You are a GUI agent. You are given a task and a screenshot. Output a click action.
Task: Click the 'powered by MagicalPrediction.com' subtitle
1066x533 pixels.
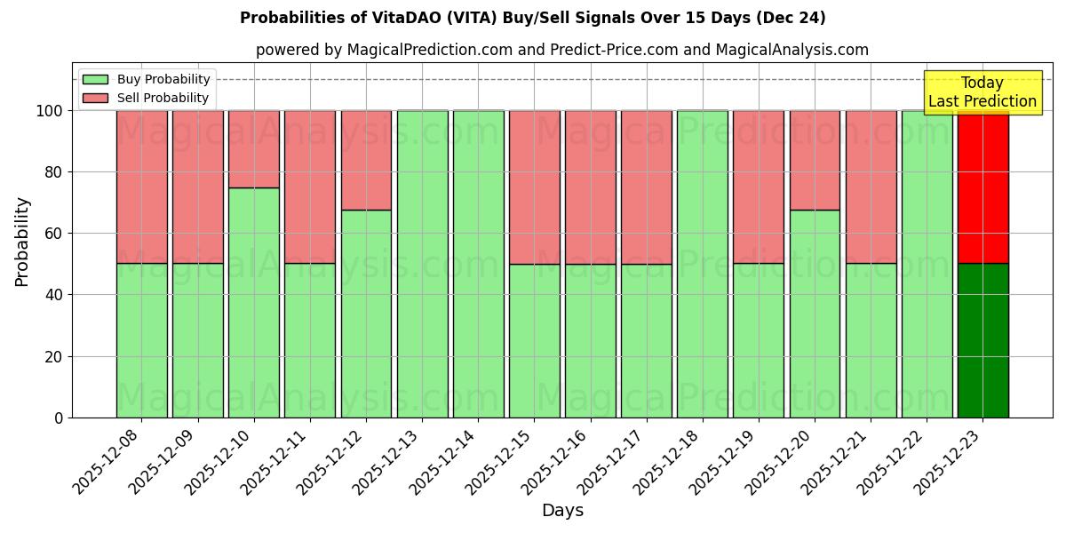point(561,50)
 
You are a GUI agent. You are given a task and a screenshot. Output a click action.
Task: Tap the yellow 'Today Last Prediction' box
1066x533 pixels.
point(982,92)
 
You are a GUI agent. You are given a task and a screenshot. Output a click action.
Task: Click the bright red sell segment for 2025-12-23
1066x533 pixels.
point(982,187)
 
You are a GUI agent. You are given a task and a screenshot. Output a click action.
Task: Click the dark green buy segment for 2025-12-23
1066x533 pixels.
point(982,340)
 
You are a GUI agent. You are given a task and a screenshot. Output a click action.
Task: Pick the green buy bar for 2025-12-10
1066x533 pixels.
point(254,302)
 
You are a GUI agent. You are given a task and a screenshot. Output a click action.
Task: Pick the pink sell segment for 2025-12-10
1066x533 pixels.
point(254,148)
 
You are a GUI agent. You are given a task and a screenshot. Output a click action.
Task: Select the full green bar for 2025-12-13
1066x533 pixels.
point(422,264)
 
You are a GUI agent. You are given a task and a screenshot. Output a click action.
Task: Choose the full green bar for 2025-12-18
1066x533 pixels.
point(703,264)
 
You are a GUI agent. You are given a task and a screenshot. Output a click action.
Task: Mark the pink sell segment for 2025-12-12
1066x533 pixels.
point(366,160)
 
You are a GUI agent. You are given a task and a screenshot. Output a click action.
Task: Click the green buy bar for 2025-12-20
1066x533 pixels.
point(815,314)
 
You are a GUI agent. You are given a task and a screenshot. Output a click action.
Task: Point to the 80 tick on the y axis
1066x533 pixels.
point(54,172)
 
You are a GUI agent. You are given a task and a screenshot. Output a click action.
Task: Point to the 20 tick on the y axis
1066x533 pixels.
point(54,356)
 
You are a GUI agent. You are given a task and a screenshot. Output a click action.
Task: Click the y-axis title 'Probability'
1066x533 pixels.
point(22,241)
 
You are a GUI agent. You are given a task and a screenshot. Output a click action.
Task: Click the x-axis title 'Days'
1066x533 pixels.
point(562,511)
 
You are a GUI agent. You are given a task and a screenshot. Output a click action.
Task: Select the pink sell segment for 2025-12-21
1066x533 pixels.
point(871,187)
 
